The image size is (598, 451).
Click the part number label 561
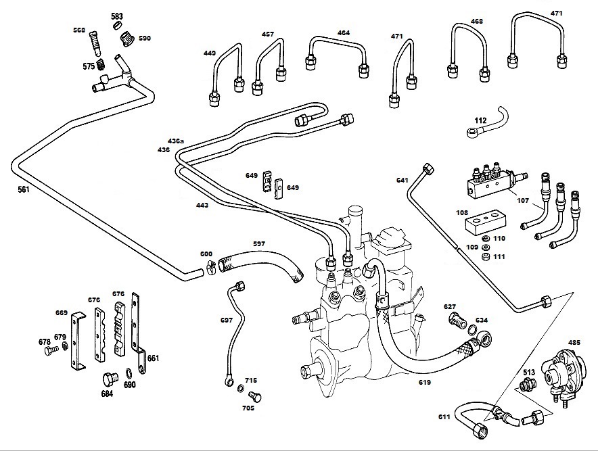click(24, 189)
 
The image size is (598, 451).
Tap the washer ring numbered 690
click(129, 372)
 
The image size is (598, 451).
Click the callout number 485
click(574, 342)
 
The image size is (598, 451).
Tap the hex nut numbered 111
click(486, 256)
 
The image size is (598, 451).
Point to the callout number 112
click(480, 120)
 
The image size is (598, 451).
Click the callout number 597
click(259, 243)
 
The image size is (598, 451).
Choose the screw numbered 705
click(254, 397)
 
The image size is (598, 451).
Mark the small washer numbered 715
click(241, 389)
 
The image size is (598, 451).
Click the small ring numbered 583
click(118, 26)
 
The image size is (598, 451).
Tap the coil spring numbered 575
click(101, 64)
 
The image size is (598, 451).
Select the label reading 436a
click(176, 141)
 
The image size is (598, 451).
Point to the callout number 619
click(424, 382)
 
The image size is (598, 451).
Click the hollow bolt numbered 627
click(457, 321)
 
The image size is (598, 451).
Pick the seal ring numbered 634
click(471, 329)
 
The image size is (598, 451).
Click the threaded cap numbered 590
click(127, 39)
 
